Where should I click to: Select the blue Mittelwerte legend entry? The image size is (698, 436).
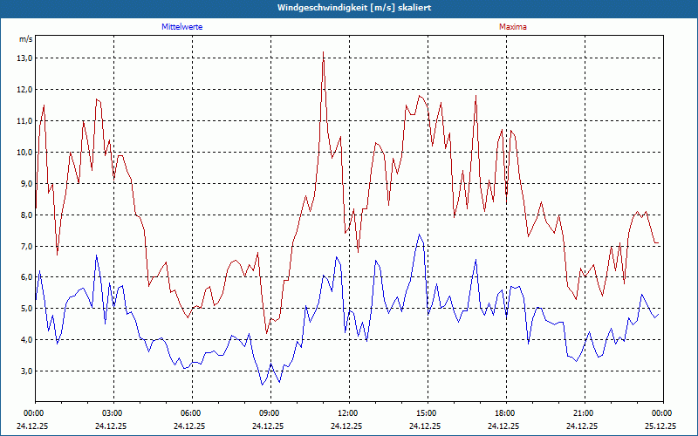coord(182,27)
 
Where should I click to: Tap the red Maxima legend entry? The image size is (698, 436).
coord(513,27)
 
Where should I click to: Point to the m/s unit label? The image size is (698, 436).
coord(25,39)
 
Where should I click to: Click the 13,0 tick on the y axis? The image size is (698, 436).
coord(24,58)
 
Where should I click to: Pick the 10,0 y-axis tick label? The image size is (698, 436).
coord(24,153)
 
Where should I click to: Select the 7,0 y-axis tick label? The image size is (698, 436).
coord(24,247)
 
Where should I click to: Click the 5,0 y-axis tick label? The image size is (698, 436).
coord(24,310)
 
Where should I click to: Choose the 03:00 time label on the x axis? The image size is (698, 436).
coord(113,413)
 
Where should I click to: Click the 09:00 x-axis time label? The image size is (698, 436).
coord(270,413)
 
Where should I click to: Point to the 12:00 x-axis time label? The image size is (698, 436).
coord(348,413)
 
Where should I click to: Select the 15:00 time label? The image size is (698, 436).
coord(427,413)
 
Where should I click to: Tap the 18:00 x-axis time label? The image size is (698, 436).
coord(505,413)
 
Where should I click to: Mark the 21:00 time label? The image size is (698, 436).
coord(584,413)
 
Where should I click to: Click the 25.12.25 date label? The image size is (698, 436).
coord(660,426)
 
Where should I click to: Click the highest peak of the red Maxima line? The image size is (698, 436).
coord(323,52)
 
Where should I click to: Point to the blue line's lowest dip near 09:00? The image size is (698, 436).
coord(262,385)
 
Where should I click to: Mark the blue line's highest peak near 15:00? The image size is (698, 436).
coord(419,235)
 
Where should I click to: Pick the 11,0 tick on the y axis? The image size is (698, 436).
coord(24,121)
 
